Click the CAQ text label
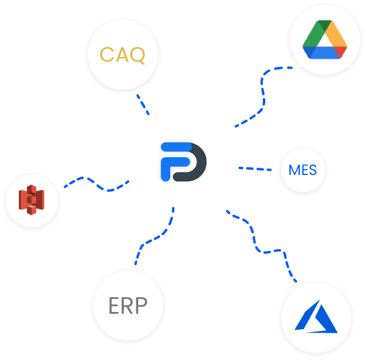[122, 55]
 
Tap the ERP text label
[128, 305]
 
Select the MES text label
[303, 170]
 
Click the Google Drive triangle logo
[324, 39]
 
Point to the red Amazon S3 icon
[31, 200]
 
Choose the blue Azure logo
[316, 316]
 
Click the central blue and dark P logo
[183, 162]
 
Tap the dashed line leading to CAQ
[143, 104]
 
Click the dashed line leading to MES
[255, 168]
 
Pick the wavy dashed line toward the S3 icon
[96, 184]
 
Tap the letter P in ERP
[141, 305]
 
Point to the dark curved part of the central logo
[194, 163]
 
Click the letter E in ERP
[114, 305]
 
